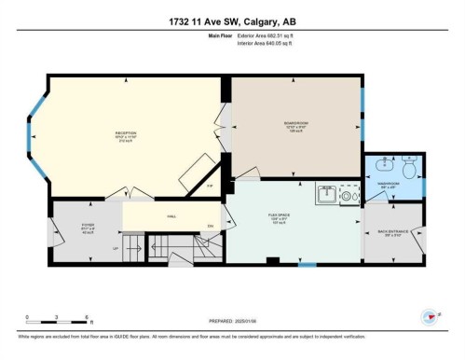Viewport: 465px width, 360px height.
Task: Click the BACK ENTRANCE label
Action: [391, 233]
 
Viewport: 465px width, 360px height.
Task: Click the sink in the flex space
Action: [327, 196]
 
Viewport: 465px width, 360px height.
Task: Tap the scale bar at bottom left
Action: [57, 320]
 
